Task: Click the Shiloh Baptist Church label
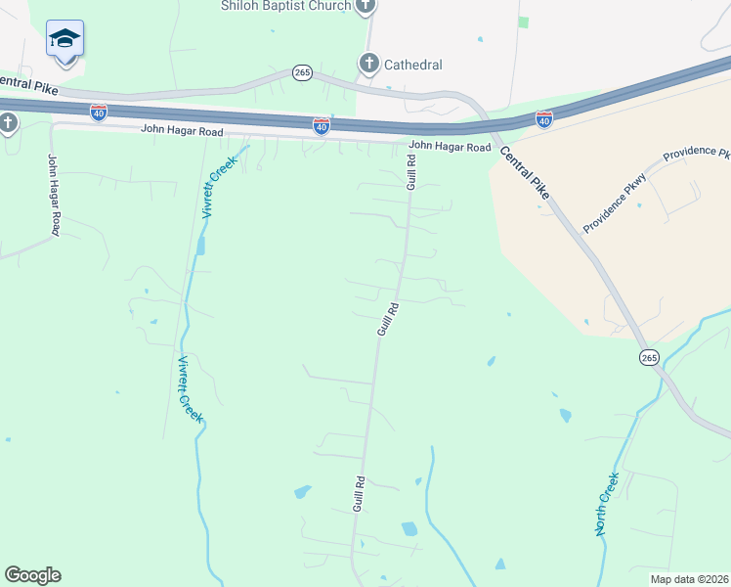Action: pyautogui.click(x=284, y=7)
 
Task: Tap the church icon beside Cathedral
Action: pyautogui.click(x=369, y=65)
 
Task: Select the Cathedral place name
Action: pyautogui.click(x=412, y=66)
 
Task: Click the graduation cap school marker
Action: pyautogui.click(x=64, y=39)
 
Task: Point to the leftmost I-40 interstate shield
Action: pyautogui.click(x=98, y=113)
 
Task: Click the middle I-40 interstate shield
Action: pyautogui.click(x=322, y=126)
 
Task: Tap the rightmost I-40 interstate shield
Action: pyautogui.click(x=544, y=119)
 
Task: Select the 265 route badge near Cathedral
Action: pyautogui.click(x=301, y=73)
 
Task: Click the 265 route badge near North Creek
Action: pyautogui.click(x=650, y=358)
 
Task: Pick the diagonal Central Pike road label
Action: pyautogui.click(x=525, y=173)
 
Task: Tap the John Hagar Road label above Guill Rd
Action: pyautogui.click(x=450, y=147)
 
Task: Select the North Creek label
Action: pyautogui.click(x=608, y=504)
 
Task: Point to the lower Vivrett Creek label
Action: pyautogui.click(x=190, y=389)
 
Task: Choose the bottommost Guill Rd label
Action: pyautogui.click(x=360, y=494)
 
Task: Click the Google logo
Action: pyautogui.click(x=32, y=575)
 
